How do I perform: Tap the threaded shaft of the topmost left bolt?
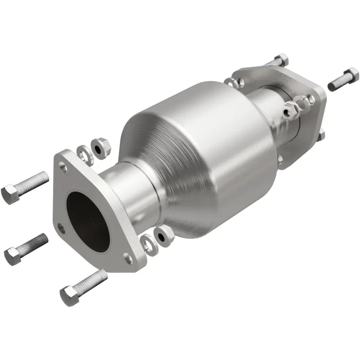tap(34, 180)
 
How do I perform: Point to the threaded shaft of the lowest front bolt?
tap(93, 282)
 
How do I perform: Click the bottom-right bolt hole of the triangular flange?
tap(128, 258)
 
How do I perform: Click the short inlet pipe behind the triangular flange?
tap(128, 193)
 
